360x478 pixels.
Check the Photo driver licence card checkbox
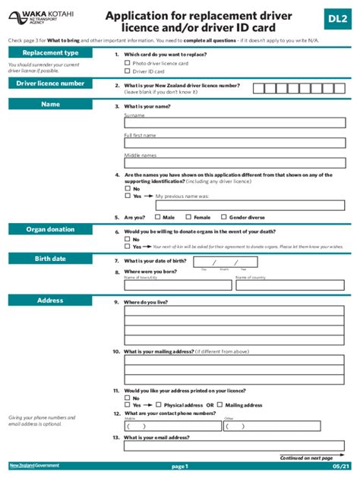point(127,64)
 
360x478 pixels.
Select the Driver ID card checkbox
point(127,71)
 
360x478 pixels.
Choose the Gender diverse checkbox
point(223,217)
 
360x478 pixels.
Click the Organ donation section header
point(50,229)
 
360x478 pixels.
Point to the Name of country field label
point(251,278)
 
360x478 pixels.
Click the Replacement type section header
point(50,53)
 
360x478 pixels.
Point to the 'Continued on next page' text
point(306,458)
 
